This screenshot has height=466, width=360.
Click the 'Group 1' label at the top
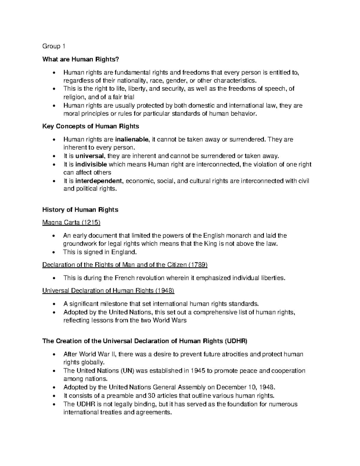tap(54, 46)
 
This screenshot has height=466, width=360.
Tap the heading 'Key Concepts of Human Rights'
tap(91, 126)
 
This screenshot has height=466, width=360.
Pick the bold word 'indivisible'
tap(91, 164)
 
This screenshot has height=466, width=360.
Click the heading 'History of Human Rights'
tap(80, 210)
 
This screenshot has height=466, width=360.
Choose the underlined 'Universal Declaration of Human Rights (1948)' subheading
tap(108, 290)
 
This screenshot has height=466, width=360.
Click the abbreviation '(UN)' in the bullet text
tap(128, 371)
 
